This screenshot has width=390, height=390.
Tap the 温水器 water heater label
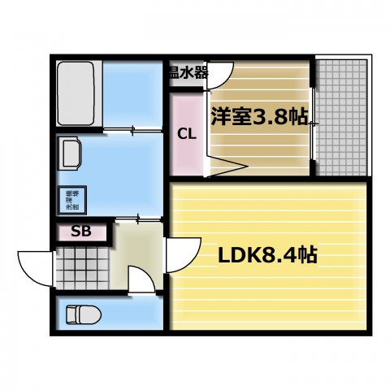point(188,72)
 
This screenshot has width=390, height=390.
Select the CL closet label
point(186,134)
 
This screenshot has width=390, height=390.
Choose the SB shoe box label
point(81,232)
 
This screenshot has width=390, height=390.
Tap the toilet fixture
point(82,313)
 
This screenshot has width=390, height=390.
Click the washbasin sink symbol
point(71,152)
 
